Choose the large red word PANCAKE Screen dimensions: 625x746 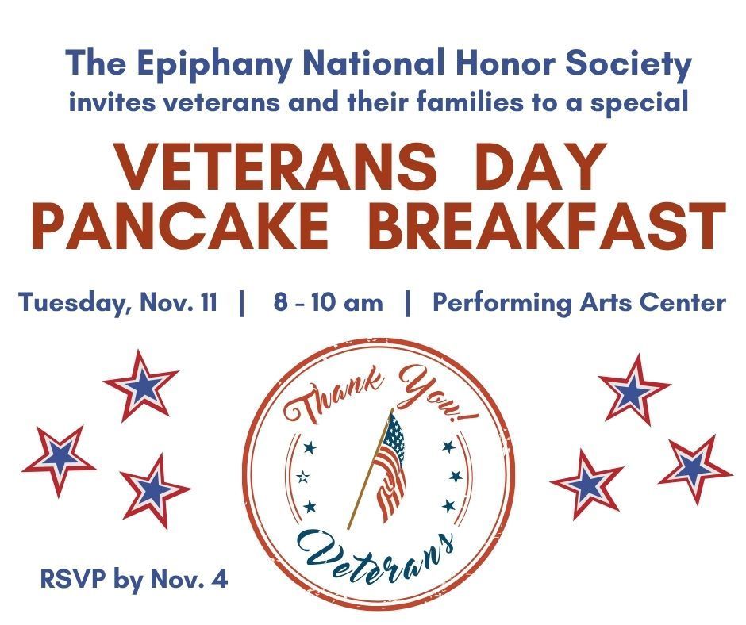click(x=179, y=225)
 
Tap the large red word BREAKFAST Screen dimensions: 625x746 click(x=548, y=225)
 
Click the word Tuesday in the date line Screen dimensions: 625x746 click(x=70, y=304)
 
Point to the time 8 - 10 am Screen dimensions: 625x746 click(x=327, y=303)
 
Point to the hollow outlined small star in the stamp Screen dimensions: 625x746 click(x=302, y=477)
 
